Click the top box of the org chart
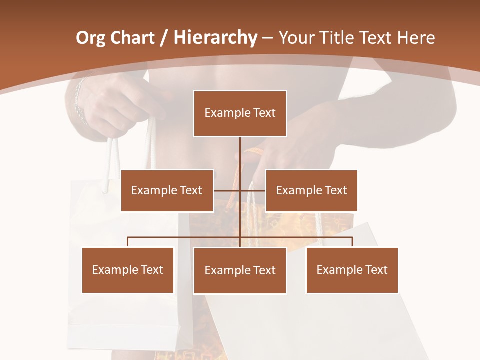coord(240,113)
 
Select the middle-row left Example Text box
coord(167,190)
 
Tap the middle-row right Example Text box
coord(311,190)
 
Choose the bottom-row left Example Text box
coord(127,270)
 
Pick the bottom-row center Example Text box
coord(240,270)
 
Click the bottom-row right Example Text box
coord(352,270)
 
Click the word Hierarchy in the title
coord(215,38)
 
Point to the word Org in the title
coord(91,38)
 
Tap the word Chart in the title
coord(132,38)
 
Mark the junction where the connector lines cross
coord(240,190)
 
